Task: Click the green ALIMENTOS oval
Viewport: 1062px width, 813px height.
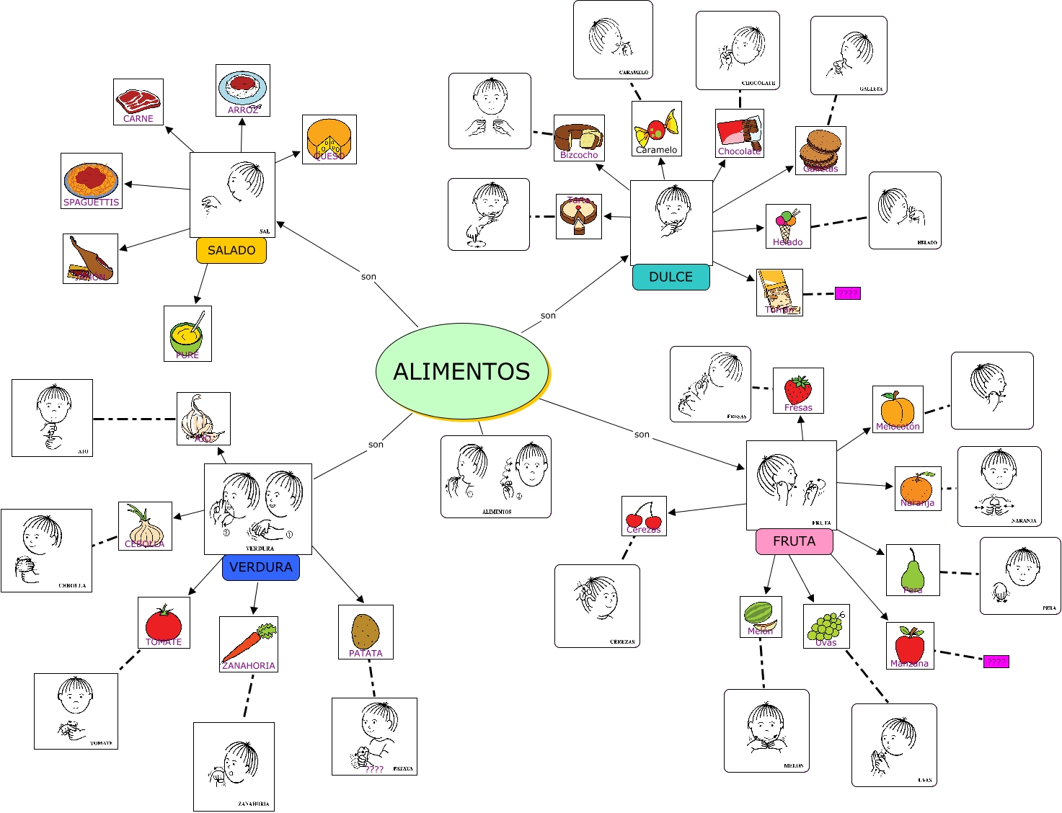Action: [461, 371]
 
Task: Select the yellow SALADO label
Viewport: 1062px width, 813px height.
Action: [231, 250]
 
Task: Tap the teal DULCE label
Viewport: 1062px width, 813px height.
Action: [671, 277]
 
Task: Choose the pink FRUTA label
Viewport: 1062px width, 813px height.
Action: [794, 541]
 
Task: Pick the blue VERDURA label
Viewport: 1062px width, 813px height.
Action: [260, 567]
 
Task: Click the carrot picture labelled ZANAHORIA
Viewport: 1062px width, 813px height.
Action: [248, 644]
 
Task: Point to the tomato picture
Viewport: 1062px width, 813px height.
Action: [164, 622]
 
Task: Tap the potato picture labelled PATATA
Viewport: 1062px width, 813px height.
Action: [366, 631]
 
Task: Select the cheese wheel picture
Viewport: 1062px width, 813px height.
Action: [329, 139]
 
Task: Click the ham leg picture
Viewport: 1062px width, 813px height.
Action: [90, 258]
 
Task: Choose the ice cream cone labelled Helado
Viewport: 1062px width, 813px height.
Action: [787, 226]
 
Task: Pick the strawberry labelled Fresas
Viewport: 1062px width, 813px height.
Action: [798, 390]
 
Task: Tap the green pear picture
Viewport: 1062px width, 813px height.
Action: [912, 569]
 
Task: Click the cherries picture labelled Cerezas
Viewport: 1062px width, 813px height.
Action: [644, 515]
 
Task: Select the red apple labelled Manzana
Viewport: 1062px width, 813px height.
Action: [910, 645]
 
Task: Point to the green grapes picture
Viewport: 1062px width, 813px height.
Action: [826, 626]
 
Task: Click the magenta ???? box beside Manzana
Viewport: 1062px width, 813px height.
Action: [996, 662]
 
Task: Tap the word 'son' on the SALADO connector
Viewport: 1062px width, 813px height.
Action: [368, 277]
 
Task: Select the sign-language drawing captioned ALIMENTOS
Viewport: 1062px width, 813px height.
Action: [495, 476]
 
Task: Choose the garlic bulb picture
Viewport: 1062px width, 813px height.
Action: [203, 418]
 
